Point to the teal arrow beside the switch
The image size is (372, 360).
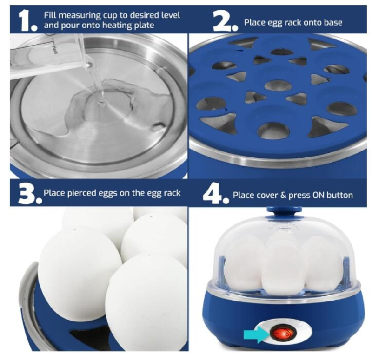point(257,334)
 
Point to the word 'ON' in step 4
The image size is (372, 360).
point(318,195)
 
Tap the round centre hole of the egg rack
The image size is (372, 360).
point(278,85)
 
